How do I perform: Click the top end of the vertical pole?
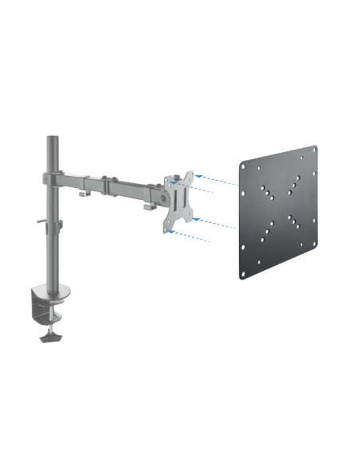52,140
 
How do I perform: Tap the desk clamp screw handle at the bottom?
49,338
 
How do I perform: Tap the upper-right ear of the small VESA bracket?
190,174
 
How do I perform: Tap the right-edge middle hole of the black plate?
314,205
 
